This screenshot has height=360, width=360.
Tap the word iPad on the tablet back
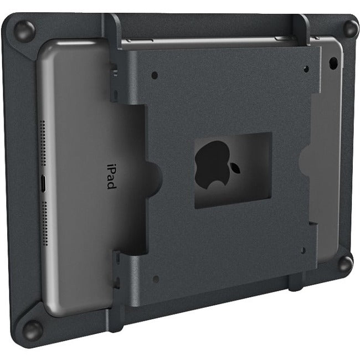[x=111, y=176]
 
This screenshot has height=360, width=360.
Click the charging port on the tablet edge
[x=43, y=182]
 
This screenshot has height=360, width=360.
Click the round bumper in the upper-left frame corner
[x=24, y=30]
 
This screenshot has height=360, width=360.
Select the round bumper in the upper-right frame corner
[x=350, y=28]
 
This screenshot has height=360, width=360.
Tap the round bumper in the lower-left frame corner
[x=32, y=330]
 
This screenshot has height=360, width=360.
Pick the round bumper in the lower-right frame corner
[x=345, y=263]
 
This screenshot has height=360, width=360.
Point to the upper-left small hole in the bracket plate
[x=155, y=75]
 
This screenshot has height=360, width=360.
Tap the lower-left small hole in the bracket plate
[x=156, y=279]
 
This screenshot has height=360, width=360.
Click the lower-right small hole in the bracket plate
[x=302, y=250]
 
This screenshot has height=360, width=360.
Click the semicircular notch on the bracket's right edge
[x=306, y=161]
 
